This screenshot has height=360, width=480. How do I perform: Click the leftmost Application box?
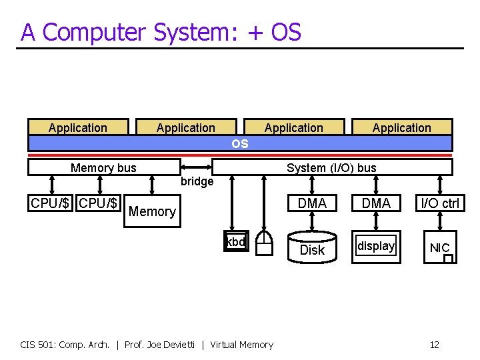(77, 127)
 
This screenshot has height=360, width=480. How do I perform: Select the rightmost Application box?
(401, 127)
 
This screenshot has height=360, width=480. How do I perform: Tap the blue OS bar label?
(239, 144)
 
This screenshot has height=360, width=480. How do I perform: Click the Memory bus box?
(103, 167)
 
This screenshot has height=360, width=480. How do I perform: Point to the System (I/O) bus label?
(331, 167)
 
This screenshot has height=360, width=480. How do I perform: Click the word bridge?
(197, 181)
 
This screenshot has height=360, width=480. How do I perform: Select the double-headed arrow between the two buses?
(196, 167)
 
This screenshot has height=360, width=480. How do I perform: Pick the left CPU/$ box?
(51, 203)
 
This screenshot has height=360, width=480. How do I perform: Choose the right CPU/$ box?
(99, 203)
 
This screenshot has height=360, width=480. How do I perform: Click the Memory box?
(152, 211)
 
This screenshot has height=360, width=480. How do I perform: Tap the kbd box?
(236, 243)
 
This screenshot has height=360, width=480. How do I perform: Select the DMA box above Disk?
(312, 203)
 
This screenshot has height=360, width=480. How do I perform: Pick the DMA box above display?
(376, 203)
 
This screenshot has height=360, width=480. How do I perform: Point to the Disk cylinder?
(312, 249)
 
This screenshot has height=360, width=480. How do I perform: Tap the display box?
(376, 247)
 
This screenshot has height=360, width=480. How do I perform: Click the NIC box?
(440, 248)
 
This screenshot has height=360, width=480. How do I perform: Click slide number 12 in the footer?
(434, 345)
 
